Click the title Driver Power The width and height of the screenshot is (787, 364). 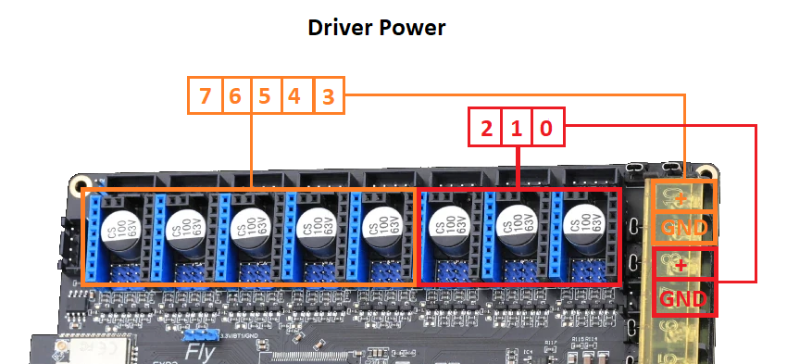pos(377,28)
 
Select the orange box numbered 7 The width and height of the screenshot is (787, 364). pos(205,95)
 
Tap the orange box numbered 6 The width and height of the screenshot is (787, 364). pos(235,95)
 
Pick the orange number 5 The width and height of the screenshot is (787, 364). pos(266,95)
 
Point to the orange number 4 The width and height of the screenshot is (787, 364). pos(295,95)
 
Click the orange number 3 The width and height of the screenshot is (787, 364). pos(327,95)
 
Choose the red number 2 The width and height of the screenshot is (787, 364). pos(486,128)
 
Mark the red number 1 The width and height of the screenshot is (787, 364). pos(517,128)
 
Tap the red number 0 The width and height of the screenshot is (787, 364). pos(547,128)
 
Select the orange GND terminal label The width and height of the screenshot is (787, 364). pos(684,228)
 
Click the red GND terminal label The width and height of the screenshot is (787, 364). pos(684,299)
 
